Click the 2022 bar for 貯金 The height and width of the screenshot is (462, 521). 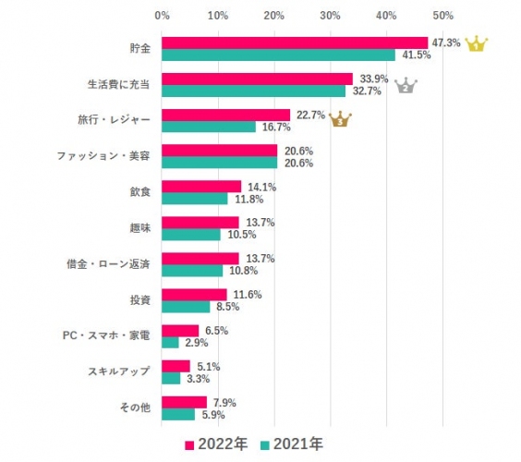[x=295, y=43]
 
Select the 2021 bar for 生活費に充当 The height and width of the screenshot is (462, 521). [x=253, y=91]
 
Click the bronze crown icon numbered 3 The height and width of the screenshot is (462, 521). [x=340, y=119]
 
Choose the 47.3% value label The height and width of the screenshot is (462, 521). [x=445, y=43]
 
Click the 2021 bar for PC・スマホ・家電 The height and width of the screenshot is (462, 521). [x=170, y=342]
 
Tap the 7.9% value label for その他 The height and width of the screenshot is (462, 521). [x=225, y=402]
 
